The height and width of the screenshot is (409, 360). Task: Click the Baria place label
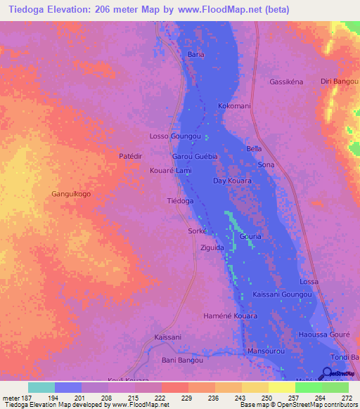pyautogui.click(x=195, y=54)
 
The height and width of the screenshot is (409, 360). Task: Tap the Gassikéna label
pyautogui.click(x=286, y=82)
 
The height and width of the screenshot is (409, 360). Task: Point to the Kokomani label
pyautogui.click(x=234, y=106)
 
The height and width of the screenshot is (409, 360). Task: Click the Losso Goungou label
pyautogui.click(x=176, y=136)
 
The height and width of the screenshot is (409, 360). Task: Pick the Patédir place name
pyautogui.click(x=131, y=155)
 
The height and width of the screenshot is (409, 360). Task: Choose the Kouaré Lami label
pyautogui.click(x=171, y=171)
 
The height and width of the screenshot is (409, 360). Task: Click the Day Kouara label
pyautogui.click(x=232, y=181)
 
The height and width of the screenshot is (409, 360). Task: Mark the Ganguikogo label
pyautogui.click(x=72, y=194)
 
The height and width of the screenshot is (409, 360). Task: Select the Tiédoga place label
pyautogui.click(x=180, y=201)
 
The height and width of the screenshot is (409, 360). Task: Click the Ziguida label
pyautogui.click(x=212, y=248)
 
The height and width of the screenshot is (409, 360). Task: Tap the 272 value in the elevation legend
pyautogui.click(x=345, y=398)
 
